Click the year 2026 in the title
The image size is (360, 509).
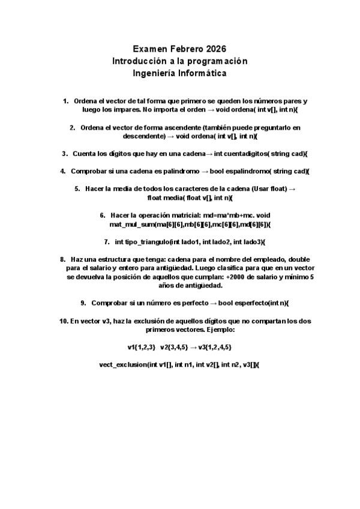215,49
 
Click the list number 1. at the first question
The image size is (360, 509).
65,101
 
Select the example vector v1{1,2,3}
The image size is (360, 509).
142,347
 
